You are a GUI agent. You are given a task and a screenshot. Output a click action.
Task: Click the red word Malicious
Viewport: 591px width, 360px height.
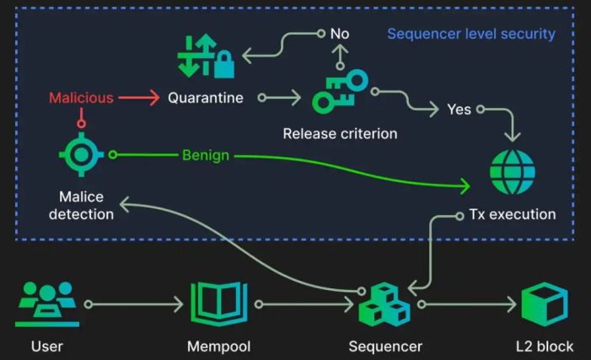81,98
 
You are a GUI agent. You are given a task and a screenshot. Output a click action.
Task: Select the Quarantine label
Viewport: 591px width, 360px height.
206,98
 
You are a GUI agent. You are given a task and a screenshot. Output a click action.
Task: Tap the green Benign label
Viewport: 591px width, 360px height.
206,156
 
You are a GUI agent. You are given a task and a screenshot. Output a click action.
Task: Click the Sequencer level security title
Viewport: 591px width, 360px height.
470,35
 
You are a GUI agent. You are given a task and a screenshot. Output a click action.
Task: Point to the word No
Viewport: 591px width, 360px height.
340,35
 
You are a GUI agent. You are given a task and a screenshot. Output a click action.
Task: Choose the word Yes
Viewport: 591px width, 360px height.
459,110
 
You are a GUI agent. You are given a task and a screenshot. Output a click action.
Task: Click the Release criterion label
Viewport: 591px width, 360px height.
340,133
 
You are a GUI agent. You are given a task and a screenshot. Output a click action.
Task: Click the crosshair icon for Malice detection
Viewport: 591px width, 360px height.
81,157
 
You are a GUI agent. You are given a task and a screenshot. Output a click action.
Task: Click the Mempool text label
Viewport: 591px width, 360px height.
219,346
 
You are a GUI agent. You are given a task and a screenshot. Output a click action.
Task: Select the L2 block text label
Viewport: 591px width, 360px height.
544,346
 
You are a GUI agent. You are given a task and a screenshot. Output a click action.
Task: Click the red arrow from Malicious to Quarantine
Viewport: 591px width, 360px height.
138,98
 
